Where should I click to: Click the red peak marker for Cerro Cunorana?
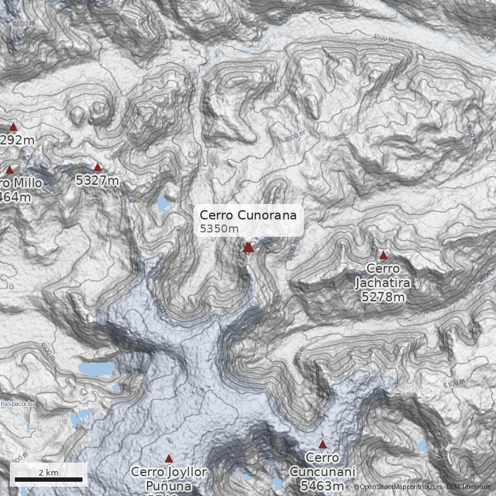tap(248, 247)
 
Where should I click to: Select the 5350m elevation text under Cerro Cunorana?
tap(219, 229)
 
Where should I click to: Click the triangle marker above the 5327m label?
tap(97, 167)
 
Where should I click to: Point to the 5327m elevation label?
tap(97, 180)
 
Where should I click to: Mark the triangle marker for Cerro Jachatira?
tap(383, 255)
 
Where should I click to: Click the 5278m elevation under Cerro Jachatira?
tap(383, 297)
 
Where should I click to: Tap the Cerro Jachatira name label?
tap(383, 276)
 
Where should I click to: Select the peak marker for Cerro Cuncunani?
tap(322, 445)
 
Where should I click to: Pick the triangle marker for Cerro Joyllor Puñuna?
tap(169, 458)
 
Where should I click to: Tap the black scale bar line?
tap(48, 480)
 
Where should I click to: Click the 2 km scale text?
tap(48, 472)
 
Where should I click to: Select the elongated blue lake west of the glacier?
tap(96, 369)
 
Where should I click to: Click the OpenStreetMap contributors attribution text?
tap(397, 487)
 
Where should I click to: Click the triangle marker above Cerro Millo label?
tap(9, 169)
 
